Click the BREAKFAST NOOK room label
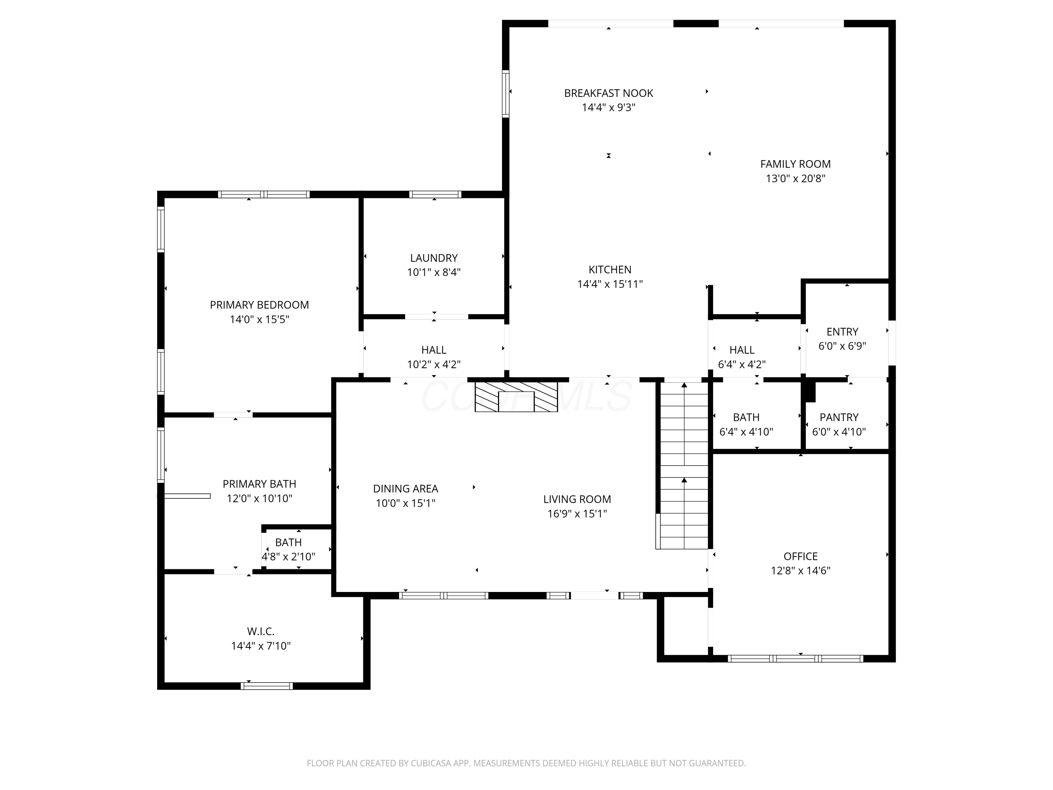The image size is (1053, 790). (608, 93)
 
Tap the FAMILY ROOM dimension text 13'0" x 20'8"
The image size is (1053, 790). (795, 179)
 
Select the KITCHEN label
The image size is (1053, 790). (610, 270)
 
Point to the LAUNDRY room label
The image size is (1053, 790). (434, 258)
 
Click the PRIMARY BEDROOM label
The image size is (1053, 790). (259, 305)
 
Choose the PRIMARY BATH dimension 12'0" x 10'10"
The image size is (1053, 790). (259, 499)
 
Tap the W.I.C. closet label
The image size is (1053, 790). (261, 631)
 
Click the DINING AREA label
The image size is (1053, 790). (406, 489)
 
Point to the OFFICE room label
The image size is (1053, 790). (801, 556)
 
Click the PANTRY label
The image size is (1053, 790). (839, 417)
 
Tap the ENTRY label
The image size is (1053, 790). (842, 331)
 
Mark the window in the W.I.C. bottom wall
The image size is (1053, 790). (266, 686)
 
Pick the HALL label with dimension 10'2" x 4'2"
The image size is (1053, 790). (434, 350)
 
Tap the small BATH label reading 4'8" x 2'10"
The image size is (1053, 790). (289, 542)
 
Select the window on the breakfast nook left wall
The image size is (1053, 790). (505, 93)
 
